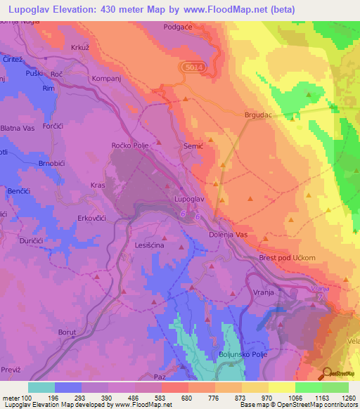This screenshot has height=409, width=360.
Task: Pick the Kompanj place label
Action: coord(108,79)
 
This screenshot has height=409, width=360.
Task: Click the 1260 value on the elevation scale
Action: coord(349,398)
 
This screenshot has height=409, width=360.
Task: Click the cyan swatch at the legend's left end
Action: coord(41,387)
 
